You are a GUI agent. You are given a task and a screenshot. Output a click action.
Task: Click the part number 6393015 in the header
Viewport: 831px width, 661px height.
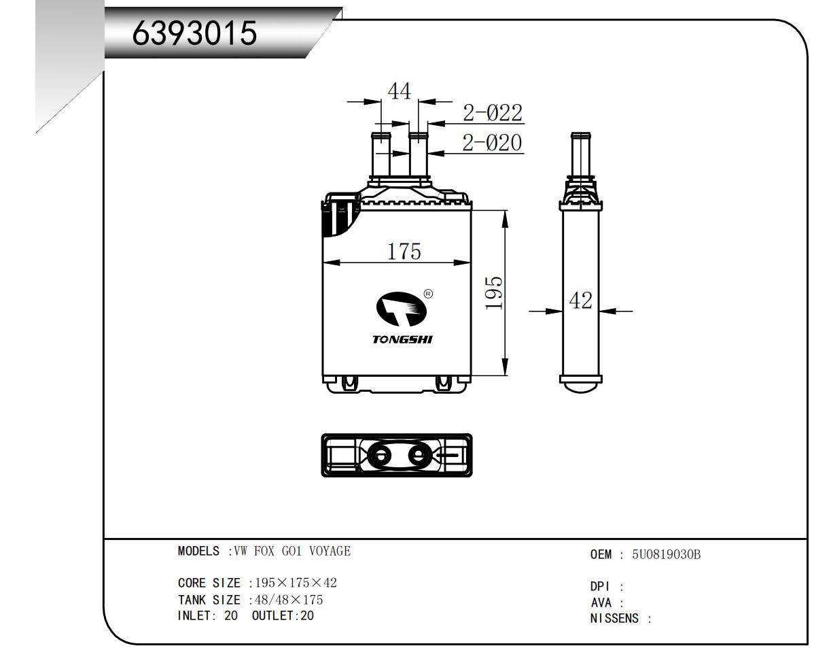[x=194, y=33]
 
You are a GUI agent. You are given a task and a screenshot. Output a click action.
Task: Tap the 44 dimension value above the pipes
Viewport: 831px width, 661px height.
[x=400, y=92]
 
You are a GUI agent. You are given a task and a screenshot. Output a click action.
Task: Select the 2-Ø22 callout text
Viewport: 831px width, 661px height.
[x=493, y=113]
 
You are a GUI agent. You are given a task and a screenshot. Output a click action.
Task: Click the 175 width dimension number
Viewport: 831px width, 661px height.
[x=404, y=252]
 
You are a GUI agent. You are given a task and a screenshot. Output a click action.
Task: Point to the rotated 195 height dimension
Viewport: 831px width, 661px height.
[x=494, y=292]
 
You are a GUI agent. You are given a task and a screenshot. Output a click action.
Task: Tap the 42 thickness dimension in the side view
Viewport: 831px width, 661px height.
[x=580, y=301]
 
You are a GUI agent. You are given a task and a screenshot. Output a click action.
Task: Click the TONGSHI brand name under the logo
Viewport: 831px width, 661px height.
[x=402, y=339]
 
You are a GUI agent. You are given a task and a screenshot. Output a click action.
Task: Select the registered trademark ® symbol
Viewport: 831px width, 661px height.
[x=428, y=294]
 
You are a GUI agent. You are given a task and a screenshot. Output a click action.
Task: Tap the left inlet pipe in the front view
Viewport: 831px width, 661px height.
[x=381, y=154]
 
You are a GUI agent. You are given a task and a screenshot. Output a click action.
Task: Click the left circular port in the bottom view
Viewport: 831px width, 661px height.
[x=381, y=456]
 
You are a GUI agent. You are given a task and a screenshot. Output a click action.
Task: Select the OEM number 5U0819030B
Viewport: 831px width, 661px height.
[x=666, y=555]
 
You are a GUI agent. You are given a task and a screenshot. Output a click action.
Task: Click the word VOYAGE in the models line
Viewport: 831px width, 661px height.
[x=330, y=551]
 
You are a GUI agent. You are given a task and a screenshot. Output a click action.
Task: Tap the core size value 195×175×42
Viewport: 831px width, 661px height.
[x=296, y=583]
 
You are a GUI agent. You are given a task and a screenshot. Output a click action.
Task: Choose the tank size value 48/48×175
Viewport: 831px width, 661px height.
[x=289, y=600]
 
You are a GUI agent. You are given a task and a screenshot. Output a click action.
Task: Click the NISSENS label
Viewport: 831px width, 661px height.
[x=614, y=618]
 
